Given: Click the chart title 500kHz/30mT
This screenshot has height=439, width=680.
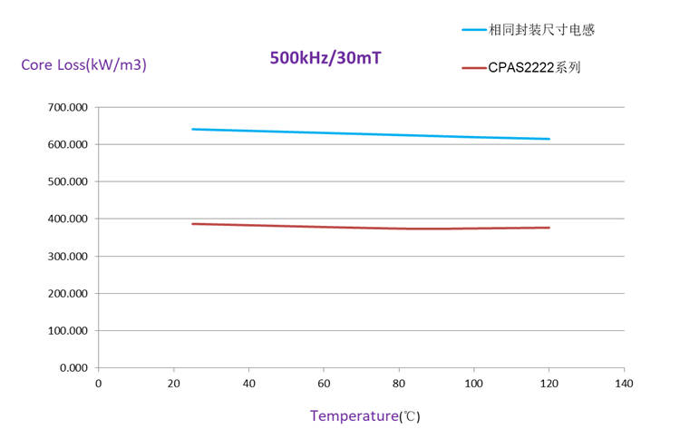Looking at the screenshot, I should [x=325, y=58].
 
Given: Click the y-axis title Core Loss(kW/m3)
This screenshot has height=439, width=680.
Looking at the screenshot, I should [x=83, y=65].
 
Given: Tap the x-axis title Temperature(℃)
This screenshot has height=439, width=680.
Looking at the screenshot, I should [x=364, y=416].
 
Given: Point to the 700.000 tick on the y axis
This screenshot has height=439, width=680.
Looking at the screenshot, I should [x=67, y=107].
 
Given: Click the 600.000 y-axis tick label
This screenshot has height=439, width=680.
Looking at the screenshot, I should [x=67, y=144].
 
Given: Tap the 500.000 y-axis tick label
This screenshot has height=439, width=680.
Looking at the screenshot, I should [x=67, y=181].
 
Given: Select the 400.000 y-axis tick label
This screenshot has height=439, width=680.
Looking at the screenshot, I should [x=67, y=219].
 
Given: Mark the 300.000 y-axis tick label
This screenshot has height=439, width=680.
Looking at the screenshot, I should [x=67, y=256].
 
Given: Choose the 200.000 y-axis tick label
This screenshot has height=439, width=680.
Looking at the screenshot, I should [x=67, y=293].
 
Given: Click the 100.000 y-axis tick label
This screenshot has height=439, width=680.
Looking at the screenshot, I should [x=67, y=330].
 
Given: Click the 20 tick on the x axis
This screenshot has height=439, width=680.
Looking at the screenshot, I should [x=173, y=384].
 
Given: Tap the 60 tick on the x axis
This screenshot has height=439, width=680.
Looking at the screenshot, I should [x=324, y=384].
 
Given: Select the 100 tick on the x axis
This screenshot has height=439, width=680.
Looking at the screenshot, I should [x=473, y=384].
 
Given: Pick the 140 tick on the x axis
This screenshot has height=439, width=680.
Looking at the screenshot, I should [x=624, y=384].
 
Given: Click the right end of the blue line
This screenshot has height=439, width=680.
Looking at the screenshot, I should [x=549, y=139].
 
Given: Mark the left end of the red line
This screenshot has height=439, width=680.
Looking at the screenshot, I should [x=192, y=223].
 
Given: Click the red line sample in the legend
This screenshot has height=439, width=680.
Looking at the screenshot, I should [x=473, y=67].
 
